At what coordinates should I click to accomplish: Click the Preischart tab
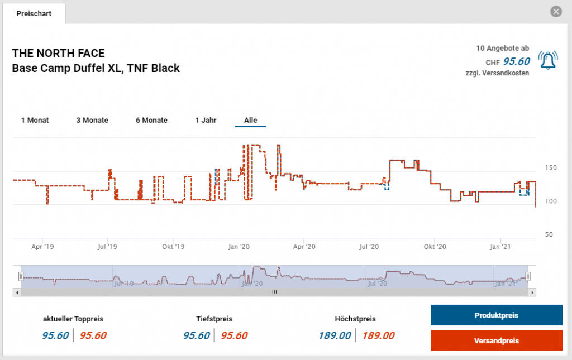click(34, 13)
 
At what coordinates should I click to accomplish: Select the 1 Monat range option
click(35, 120)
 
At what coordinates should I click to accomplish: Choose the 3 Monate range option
click(92, 120)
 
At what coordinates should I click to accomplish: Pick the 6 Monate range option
click(151, 120)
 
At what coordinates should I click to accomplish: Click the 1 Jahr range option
click(206, 120)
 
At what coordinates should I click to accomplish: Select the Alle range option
click(250, 120)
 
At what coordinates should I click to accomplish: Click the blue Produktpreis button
click(496, 315)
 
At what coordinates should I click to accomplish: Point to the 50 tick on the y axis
click(549, 235)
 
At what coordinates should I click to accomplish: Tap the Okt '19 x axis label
click(173, 246)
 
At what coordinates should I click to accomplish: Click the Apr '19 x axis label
click(42, 246)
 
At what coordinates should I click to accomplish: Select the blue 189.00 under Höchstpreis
click(335, 335)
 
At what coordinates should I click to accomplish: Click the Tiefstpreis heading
click(214, 319)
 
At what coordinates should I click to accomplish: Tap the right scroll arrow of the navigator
click(532, 292)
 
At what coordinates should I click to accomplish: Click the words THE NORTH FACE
click(59, 54)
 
